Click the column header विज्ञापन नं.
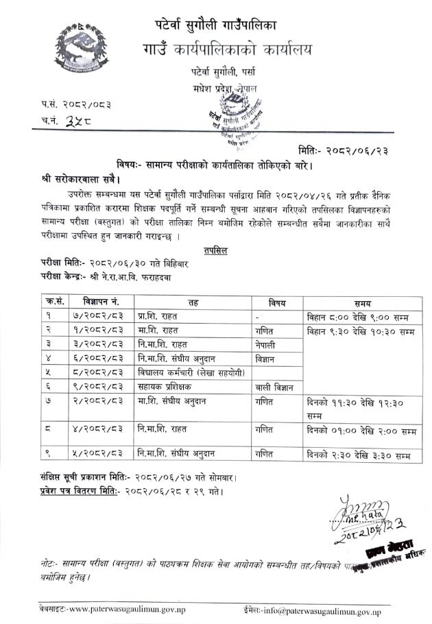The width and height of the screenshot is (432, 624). [x=101, y=302]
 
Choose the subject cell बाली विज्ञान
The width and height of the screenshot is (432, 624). [x=270, y=387]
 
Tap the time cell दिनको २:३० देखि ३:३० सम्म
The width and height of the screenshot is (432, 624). [x=359, y=455]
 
